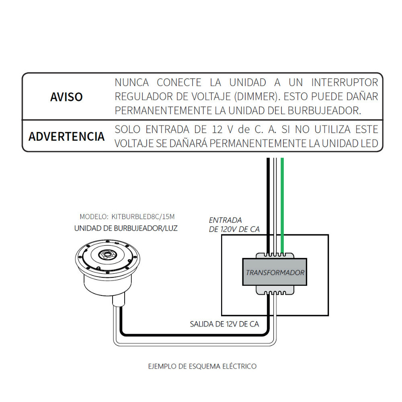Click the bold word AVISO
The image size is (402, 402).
pyautogui.click(x=66, y=97)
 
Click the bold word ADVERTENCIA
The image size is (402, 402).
pyautogui.click(x=66, y=136)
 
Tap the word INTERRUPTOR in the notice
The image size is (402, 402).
pyautogui.click(x=345, y=82)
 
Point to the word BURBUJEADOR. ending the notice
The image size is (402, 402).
pyautogui.click(x=324, y=111)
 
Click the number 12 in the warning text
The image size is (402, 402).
pyautogui.click(x=217, y=129)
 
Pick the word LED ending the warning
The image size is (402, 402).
pyautogui.click(x=369, y=144)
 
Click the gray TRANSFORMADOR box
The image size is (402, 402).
pyautogui.click(x=275, y=272)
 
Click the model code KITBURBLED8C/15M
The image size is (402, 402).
pyautogui.click(x=143, y=217)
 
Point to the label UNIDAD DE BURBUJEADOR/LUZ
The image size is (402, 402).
pyautogui.click(x=126, y=228)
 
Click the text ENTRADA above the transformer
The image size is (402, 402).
pyautogui.click(x=226, y=220)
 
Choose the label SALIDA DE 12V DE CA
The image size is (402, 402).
pyautogui.click(x=224, y=324)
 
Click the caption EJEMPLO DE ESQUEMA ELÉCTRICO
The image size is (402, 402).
pyautogui.click(x=202, y=366)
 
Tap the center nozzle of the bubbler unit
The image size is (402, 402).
pyautogui.click(x=107, y=255)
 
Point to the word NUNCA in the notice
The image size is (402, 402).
pyautogui.click(x=132, y=82)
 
